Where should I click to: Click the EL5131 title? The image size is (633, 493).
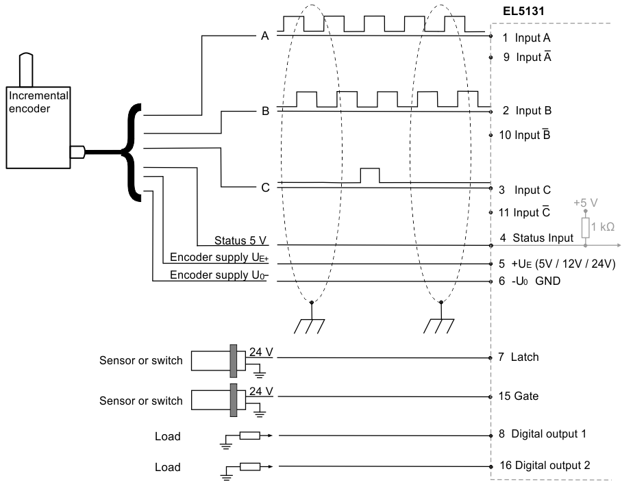point(523,11)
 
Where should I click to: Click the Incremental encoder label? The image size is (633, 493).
point(38,102)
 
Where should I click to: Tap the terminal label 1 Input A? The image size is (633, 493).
point(526,38)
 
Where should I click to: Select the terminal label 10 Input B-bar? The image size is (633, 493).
point(524,135)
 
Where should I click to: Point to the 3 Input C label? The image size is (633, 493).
point(524,190)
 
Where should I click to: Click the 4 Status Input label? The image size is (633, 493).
point(536,238)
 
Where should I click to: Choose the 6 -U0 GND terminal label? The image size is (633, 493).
point(530,281)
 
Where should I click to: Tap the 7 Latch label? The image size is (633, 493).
point(519,357)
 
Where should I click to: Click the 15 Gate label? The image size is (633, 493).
point(519,396)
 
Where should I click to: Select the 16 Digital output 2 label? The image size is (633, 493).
point(545,466)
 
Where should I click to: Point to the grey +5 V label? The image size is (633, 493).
point(586,203)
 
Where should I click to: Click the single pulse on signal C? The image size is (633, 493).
point(370,175)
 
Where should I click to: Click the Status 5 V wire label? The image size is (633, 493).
point(240,240)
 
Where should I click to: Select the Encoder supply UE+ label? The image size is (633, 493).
point(219,257)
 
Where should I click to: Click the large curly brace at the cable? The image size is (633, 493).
point(131,153)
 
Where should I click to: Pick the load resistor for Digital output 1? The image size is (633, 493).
point(250,435)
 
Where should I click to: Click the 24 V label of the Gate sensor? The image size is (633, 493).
point(261,392)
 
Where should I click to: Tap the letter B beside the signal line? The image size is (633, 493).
point(265,111)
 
